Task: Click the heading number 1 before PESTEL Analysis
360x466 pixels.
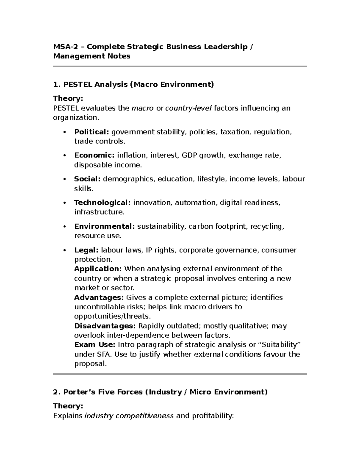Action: click(x=55, y=84)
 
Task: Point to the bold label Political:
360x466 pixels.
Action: click(x=91, y=132)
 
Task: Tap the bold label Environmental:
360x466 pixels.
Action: click(x=104, y=226)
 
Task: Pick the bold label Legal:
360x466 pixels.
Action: click(x=86, y=250)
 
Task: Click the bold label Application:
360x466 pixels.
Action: click(x=98, y=269)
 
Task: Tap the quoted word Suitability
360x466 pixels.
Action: click(x=279, y=345)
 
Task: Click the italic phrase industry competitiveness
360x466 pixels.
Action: click(x=129, y=416)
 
